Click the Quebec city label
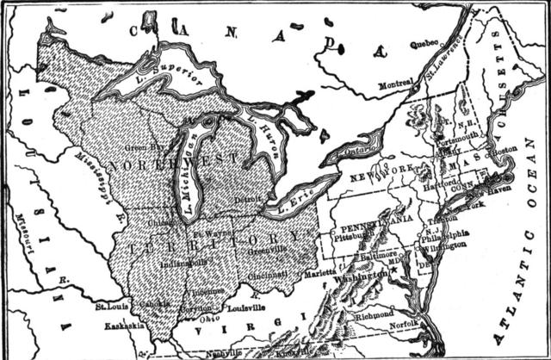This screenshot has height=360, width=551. (x=423, y=44)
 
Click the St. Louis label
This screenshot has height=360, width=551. (x=111, y=304)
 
